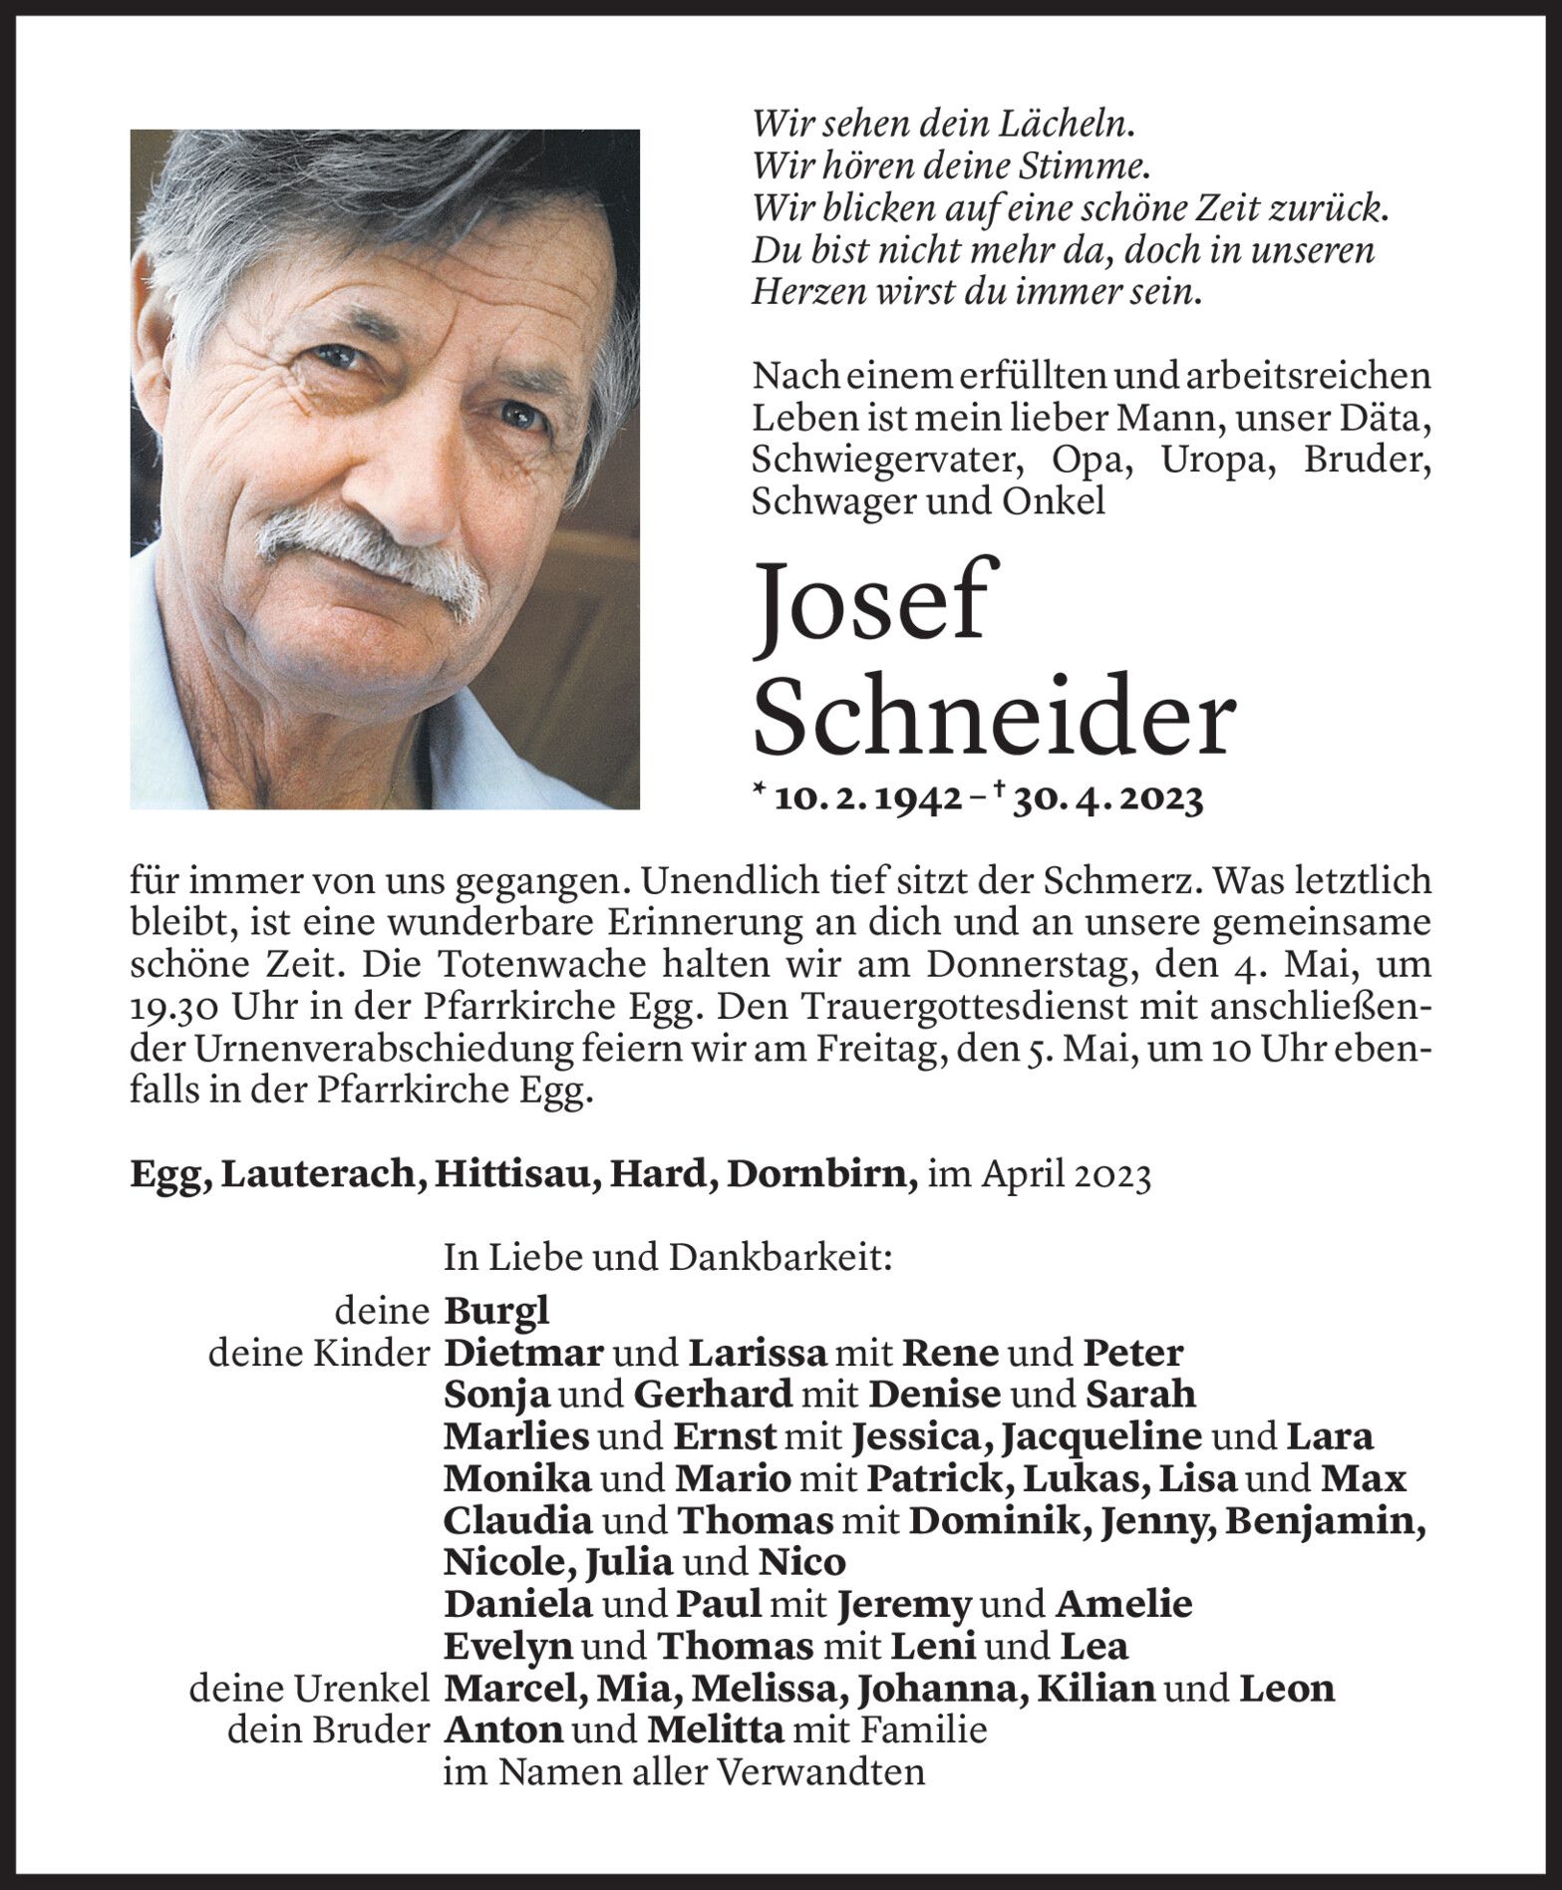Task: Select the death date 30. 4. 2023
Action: coord(1106,798)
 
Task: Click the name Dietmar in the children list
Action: coord(523,1353)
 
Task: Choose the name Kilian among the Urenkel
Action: coord(1095,1688)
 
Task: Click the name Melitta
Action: coord(715,1730)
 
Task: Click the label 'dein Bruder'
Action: coord(328,1730)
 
